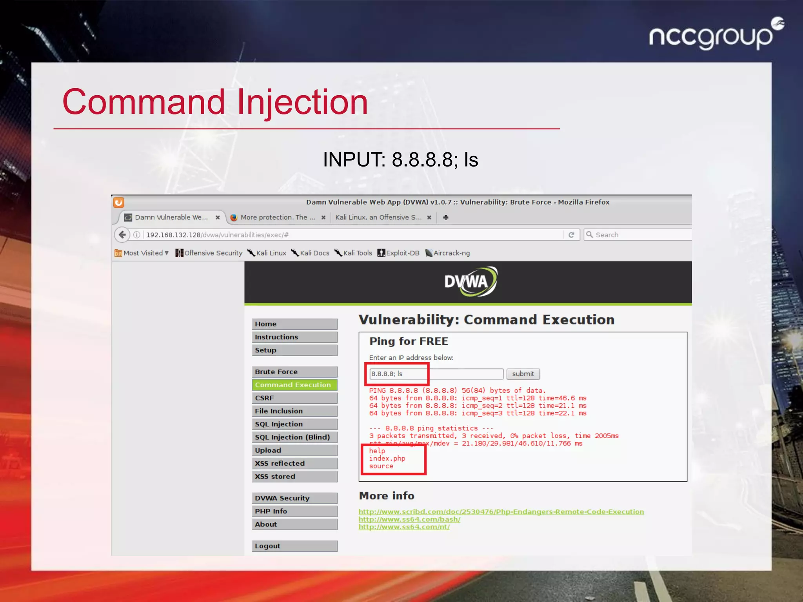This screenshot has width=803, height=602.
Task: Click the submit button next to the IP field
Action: click(523, 374)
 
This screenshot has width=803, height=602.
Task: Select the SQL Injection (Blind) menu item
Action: click(294, 437)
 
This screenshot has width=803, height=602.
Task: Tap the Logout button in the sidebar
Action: click(294, 546)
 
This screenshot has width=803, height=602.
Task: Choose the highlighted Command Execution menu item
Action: click(294, 385)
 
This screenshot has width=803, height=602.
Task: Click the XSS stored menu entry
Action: click(294, 477)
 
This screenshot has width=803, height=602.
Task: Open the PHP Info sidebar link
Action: click(294, 511)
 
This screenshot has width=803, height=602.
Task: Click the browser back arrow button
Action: click(122, 235)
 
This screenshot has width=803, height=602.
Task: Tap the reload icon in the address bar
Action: click(571, 235)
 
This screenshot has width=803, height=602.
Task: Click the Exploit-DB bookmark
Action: click(399, 253)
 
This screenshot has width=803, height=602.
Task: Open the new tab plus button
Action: click(446, 218)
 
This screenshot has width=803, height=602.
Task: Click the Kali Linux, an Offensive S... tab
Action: click(378, 218)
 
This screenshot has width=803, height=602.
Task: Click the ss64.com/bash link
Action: click(409, 519)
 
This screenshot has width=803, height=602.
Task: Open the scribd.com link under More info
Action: click(501, 512)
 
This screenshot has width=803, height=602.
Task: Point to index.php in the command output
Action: click(387, 459)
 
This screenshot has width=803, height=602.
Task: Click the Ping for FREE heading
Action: click(409, 341)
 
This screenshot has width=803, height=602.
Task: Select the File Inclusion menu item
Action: click(294, 411)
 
